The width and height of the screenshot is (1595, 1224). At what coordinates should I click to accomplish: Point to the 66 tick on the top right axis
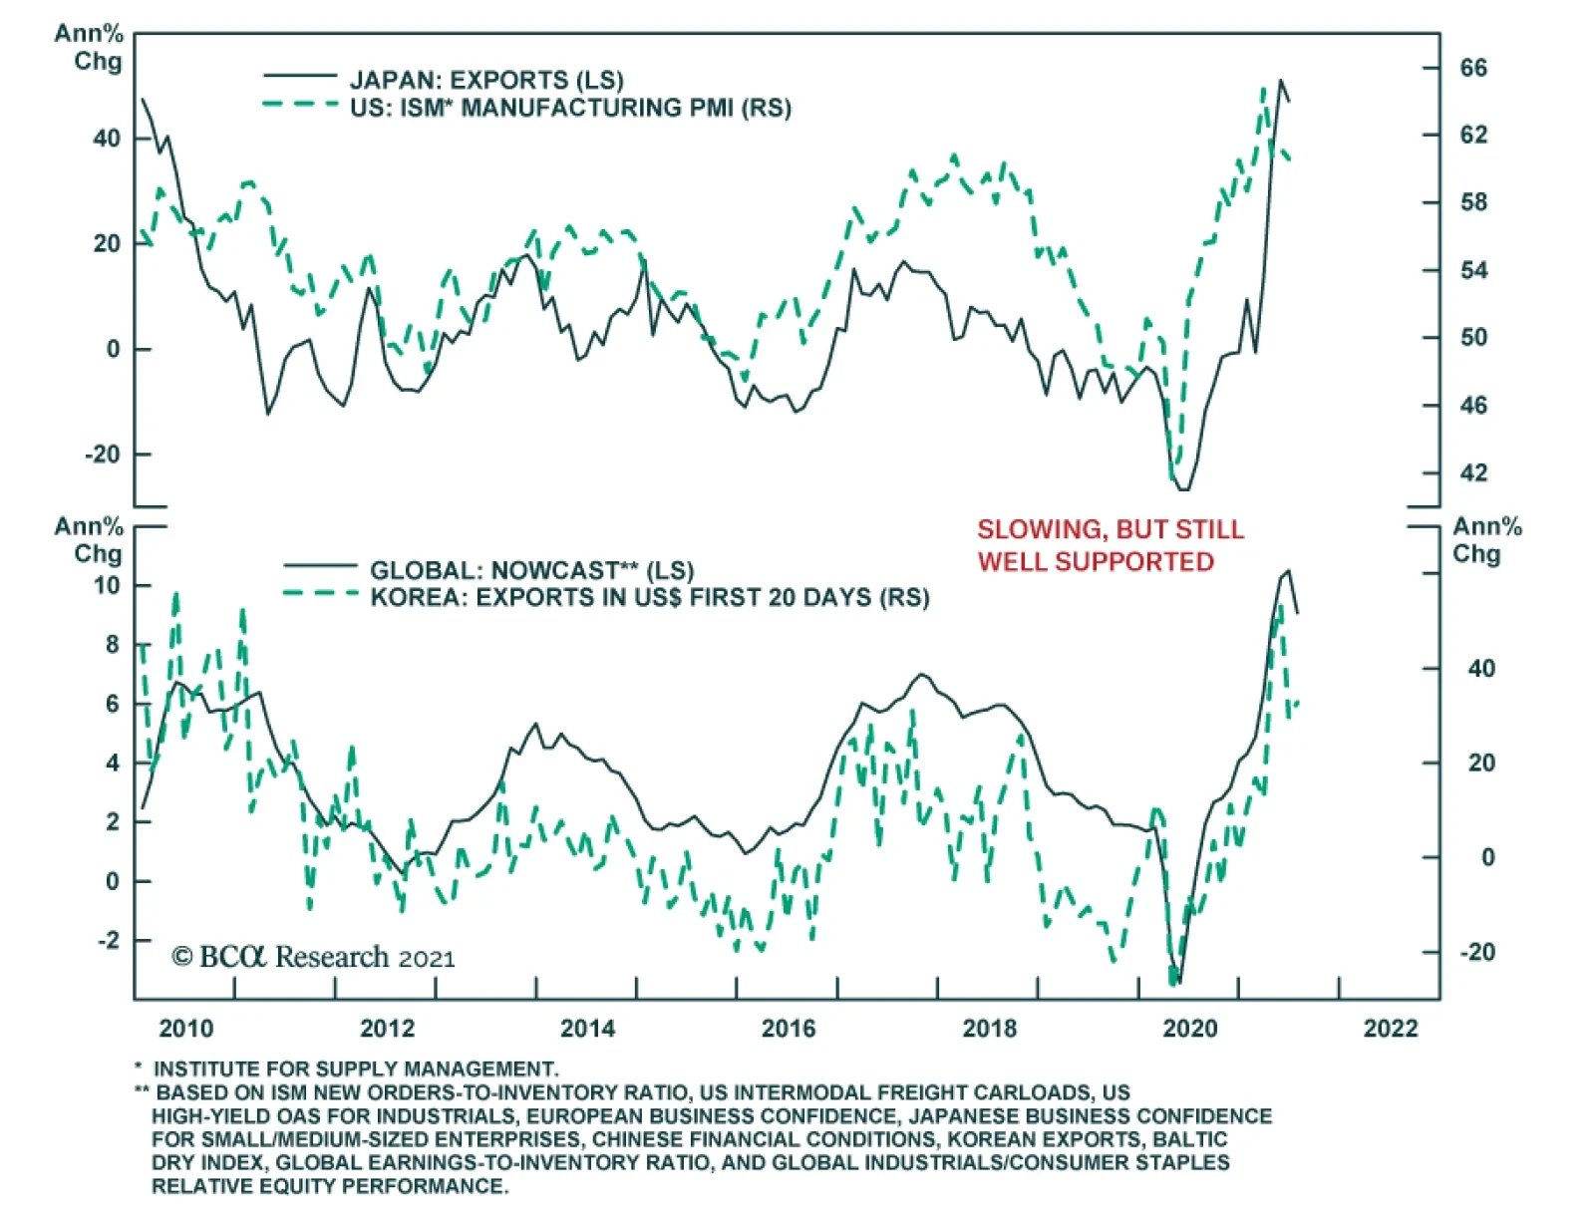click(x=1472, y=68)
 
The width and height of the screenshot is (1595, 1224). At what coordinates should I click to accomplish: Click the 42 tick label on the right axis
click(x=1472, y=472)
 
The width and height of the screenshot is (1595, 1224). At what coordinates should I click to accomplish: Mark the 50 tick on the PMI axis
click(x=1472, y=337)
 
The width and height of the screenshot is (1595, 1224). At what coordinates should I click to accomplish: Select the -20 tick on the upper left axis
click(x=102, y=455)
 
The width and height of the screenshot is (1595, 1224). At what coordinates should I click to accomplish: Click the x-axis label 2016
click(x=788, y=1029)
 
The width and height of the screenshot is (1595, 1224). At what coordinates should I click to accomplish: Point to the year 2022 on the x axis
click(x=1390, y=1029)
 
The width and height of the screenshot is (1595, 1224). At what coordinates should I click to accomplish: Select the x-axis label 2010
click(x=185, y=1029)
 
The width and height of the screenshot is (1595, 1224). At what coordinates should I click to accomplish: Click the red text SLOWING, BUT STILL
click(x=1110, y=529)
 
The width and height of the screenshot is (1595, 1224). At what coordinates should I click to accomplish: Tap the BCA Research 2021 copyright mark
click(x=313, y=957)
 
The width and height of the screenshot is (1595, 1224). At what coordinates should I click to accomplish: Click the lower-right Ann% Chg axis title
click(x=1485, y=539)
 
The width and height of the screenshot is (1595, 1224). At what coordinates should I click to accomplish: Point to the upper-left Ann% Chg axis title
click(x=90, y=47)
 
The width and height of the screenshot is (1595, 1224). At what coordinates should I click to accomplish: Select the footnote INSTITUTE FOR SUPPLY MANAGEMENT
click(x=355, y=1070)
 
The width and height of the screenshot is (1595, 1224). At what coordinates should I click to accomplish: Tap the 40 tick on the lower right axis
click(x=1480, y=669)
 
